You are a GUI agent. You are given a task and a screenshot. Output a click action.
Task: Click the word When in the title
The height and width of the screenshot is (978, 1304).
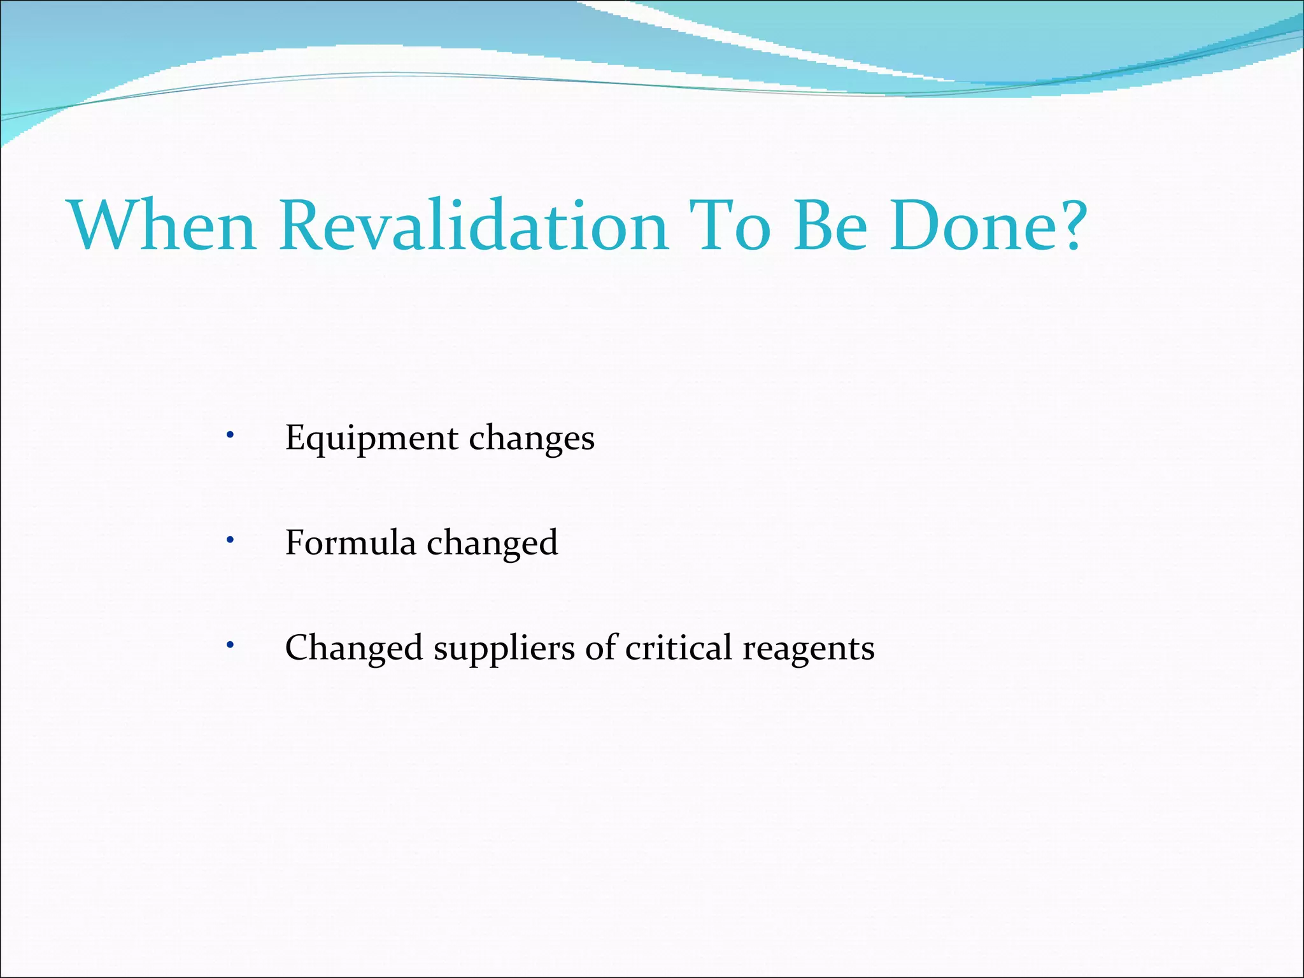(x=163, y=225)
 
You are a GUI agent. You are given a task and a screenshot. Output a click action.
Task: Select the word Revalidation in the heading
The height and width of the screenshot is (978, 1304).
(x=474, y=225)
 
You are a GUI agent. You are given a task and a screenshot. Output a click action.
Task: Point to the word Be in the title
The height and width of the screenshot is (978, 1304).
(x=831, y=225)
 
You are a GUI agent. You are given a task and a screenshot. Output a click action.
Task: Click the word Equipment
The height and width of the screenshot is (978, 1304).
(x=371, y=439)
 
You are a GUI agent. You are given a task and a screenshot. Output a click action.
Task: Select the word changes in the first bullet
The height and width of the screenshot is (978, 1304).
(x=532, y=439)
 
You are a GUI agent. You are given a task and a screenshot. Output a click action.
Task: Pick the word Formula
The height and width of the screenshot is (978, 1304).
(x=350, y=542)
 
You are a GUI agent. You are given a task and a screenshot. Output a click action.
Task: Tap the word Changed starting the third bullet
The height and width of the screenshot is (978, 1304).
(x=354, y=648)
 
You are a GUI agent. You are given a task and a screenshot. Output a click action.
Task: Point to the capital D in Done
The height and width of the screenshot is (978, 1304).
(x=917, y=225)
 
